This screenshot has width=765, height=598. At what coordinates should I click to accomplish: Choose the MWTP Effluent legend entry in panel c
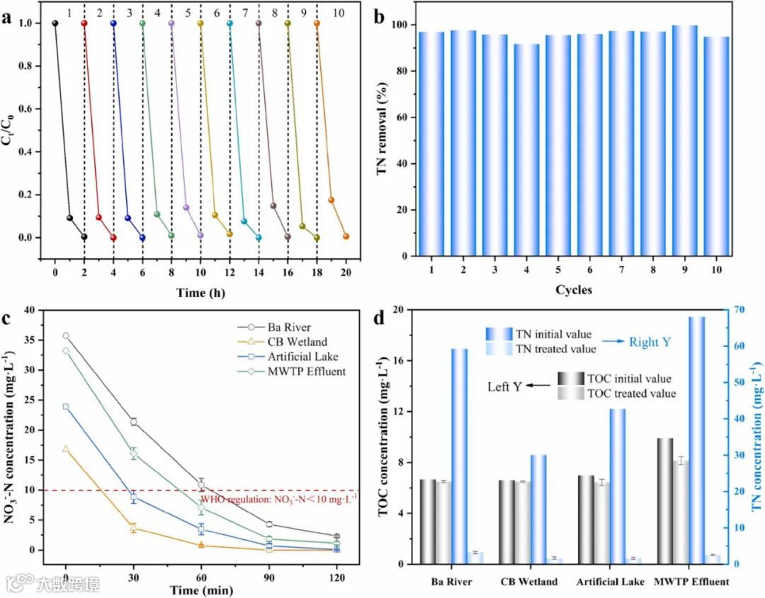tap(306, 372)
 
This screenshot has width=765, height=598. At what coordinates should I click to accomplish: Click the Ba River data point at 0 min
tap(66, 335)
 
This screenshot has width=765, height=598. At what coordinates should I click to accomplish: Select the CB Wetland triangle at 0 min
tap(66, 449)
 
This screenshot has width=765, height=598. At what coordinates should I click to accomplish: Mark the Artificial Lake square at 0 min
tap(66, 407)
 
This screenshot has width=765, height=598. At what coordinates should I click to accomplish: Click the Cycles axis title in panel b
tap(574, 289)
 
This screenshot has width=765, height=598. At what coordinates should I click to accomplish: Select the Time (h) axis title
tap(200, 292)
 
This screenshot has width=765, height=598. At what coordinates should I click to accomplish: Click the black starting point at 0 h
tap(55, 23)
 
